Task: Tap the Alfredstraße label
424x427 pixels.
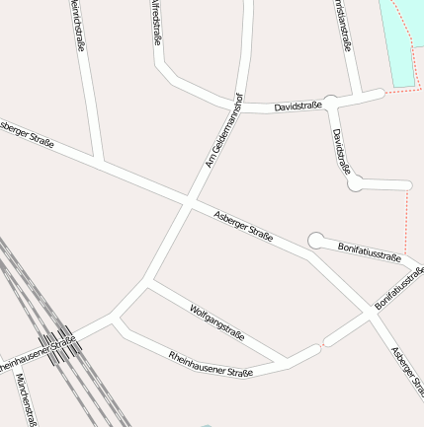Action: [155, 24]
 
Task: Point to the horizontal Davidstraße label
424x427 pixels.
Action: [297, 105]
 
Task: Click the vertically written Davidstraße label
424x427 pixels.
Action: [341, 150]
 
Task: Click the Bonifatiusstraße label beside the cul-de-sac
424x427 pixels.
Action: [369, 250]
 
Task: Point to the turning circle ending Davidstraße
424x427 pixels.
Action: [356, 182]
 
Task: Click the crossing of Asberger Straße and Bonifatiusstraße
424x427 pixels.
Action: [375, 313]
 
